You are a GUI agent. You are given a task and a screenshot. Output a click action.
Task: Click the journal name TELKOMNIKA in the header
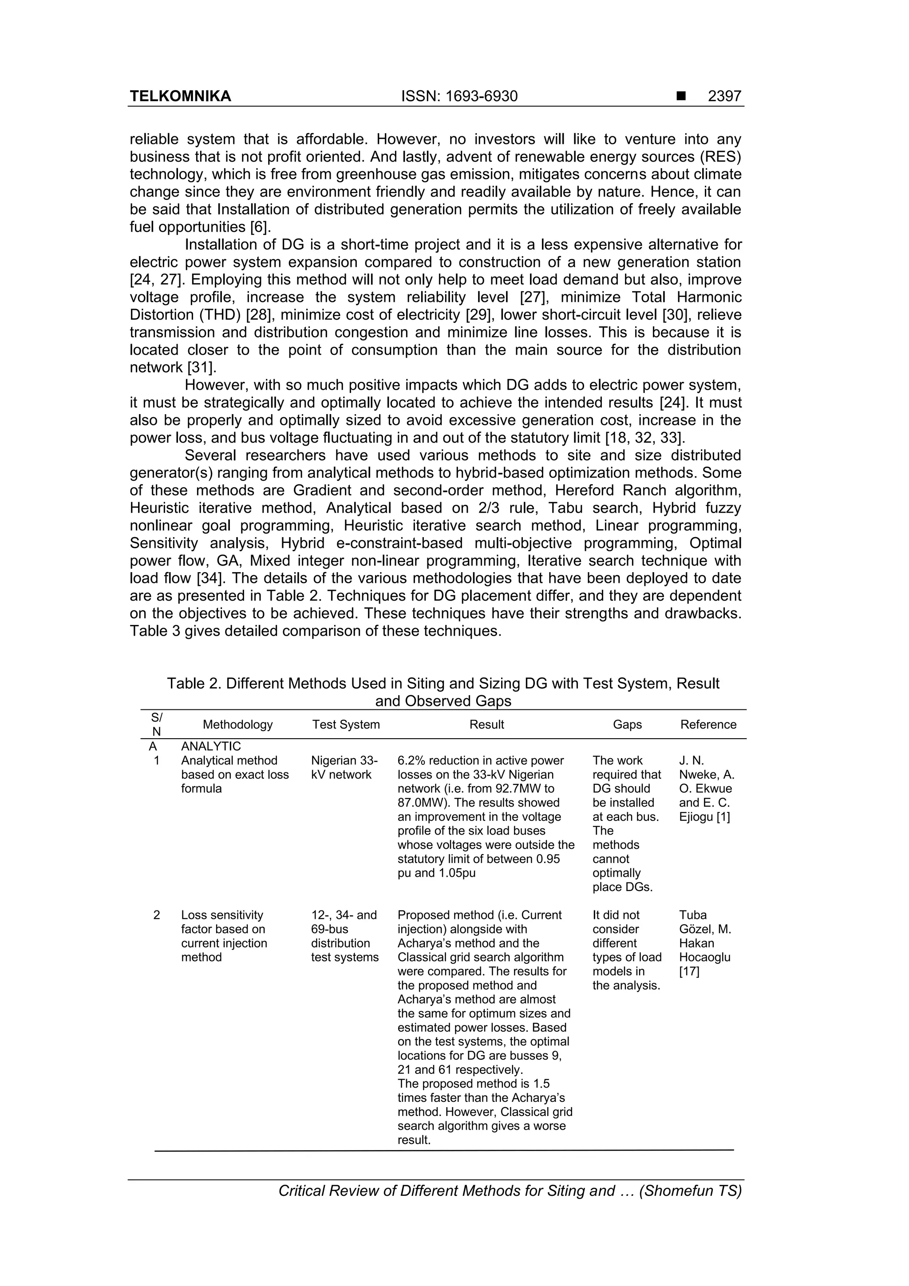(180, 96)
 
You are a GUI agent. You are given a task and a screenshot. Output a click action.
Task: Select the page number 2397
(724, 96)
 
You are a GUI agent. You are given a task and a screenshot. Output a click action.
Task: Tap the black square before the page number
(680, 96)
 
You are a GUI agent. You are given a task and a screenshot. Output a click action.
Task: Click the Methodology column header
(237, 724)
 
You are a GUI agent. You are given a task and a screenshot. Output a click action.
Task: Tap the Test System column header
(346, 724)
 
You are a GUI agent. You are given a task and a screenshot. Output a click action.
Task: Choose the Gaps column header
(627, 724)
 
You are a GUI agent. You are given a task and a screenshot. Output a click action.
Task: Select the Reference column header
(708, 724)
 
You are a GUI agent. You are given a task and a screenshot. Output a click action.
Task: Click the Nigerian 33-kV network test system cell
(344, 768)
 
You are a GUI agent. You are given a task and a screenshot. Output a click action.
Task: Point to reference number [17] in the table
(689, 972)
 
